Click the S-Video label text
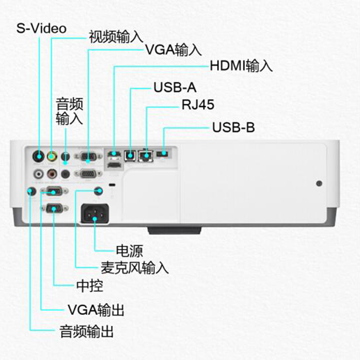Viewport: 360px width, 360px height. point(41,28)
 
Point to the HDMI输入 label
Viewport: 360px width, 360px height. point(241,66)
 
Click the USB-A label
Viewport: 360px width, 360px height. point(175,87)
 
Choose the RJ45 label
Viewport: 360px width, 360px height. point(198,105)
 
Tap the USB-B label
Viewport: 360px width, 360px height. point(233,127)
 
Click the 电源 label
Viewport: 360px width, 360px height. point(129,250)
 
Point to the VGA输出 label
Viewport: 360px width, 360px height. point(95,310)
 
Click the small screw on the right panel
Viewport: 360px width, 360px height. point(319,184)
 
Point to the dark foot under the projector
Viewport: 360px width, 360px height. point(174,231)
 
